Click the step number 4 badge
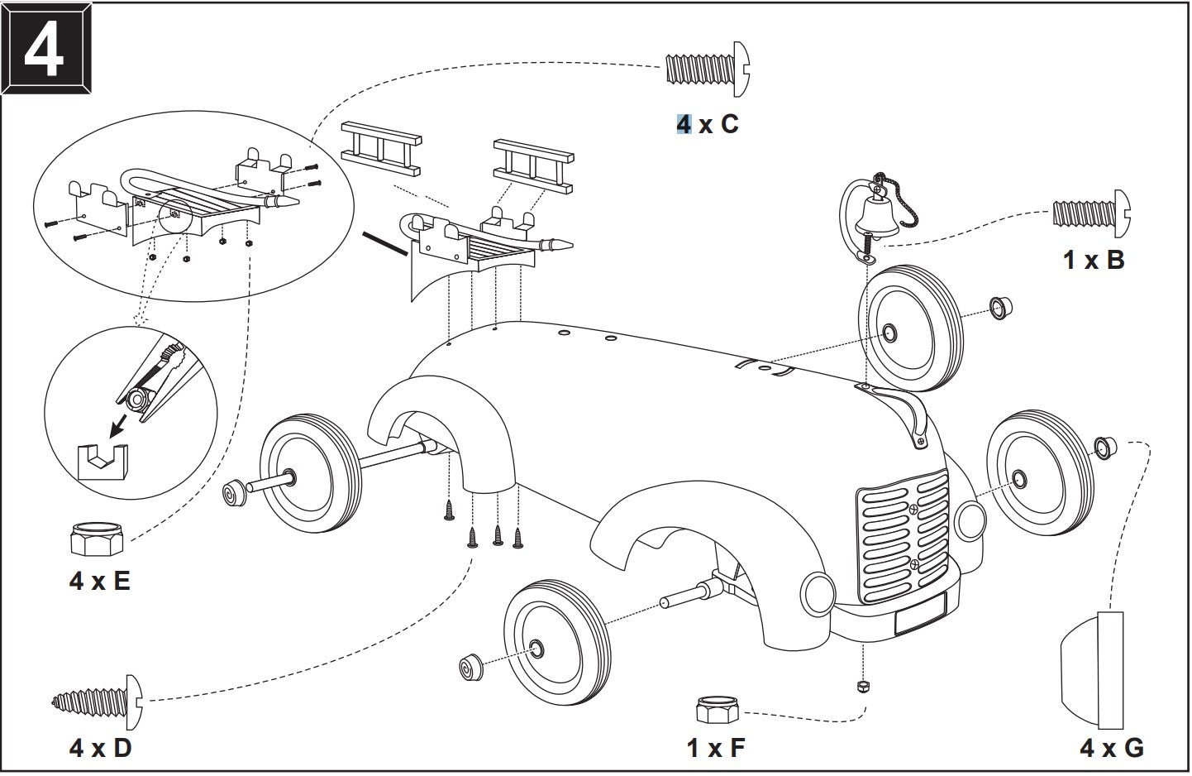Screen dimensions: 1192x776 [46, 49]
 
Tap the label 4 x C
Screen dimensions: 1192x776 [708, 124]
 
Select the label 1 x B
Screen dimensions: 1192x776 [1094, 260]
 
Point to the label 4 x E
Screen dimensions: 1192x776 [99, 581]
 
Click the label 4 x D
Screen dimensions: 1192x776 [100, 748]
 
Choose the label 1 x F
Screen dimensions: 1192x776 [715, 748]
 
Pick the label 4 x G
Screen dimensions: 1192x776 [1112, 748]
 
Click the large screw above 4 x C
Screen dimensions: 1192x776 [708, 69]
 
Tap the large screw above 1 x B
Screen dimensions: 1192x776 [1092, 213]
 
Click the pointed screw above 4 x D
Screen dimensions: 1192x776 [98, 702]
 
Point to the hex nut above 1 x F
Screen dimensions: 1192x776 [717, 710]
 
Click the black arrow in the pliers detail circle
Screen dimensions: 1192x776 [119, 426]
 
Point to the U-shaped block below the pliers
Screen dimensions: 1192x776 [103, 462]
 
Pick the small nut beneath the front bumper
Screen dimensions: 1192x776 [863, 687]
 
